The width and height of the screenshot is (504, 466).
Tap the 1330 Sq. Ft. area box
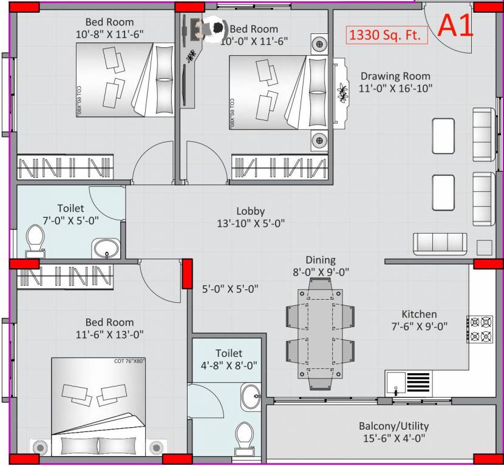click(387, 35)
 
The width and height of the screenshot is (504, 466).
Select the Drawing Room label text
click(395, 76)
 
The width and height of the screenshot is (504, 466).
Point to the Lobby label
click(250, 211)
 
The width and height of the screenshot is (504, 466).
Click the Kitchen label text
click(419, 314)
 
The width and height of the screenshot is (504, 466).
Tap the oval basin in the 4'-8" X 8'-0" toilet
click(251, 398)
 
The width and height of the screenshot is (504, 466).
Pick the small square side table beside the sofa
click(484, 248)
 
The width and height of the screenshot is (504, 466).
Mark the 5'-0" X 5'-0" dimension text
click(230, 289)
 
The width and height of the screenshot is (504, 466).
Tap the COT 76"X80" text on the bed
click(129, 362)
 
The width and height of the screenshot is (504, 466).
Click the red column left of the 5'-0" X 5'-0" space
click(188, 274)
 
